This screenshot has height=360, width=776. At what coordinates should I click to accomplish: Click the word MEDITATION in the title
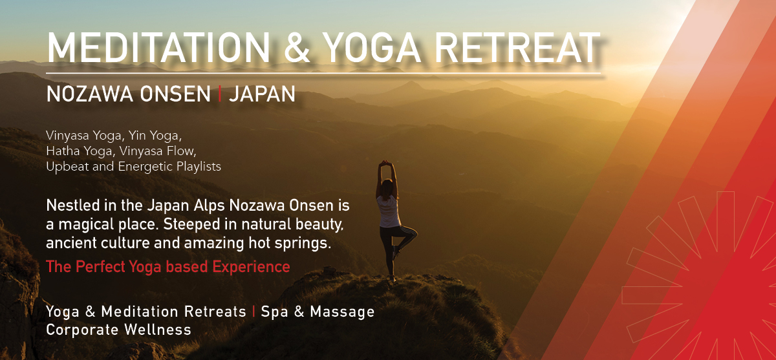click(158, 47)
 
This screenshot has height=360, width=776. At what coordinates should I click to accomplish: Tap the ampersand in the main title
click(297, 47)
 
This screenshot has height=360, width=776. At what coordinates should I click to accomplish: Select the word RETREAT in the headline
click(517, 47)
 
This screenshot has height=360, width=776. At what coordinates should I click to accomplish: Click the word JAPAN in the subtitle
click(263, 94)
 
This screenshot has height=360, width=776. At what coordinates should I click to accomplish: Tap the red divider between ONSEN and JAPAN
click(220, 94)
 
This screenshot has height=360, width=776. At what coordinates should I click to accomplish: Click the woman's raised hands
click(385, 163)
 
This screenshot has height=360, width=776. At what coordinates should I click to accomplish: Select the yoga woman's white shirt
click(389, 211)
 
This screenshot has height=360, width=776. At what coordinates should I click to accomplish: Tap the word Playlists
click(199, 167)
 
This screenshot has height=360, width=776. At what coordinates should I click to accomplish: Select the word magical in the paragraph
click(86, 225)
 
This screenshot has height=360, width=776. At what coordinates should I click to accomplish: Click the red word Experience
click(251, 267)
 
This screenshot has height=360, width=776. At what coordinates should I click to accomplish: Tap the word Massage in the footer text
click(342, 312)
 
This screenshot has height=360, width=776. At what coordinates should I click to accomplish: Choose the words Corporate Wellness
click(118, 330)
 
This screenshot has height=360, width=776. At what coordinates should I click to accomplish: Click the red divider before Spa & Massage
click(253, 312)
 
